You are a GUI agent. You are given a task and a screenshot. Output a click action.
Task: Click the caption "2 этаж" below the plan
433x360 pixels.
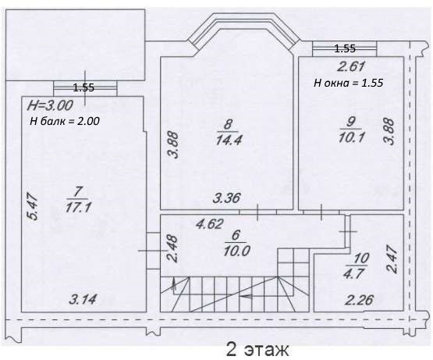(257, 349)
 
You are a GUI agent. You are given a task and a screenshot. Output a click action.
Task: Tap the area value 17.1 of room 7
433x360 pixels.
(78, 207)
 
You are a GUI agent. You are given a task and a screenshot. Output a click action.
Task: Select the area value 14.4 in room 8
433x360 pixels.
(229, 140)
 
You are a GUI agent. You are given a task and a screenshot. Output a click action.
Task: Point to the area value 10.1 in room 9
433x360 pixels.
(351, 137)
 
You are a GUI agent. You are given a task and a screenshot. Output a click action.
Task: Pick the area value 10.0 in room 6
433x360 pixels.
(236, 251)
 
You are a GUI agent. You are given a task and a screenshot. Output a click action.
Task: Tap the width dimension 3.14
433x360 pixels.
(83, 299)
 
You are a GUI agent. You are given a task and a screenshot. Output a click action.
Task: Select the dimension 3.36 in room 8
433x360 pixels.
(226, 198)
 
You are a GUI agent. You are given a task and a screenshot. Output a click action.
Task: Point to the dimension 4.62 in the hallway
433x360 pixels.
(209, 223)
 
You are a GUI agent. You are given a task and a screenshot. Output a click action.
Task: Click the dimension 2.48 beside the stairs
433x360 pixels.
(173, 248)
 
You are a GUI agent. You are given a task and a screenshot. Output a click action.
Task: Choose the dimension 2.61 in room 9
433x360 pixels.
(352, 66)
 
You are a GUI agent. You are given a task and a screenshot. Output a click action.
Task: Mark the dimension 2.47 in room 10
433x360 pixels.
(392, 260)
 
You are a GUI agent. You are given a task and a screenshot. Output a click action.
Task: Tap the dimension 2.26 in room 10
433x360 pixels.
(360, 300)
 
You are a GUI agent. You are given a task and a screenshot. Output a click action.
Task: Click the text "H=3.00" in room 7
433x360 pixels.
(50, 105)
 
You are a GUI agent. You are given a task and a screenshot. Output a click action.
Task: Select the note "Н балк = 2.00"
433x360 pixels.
(65, 121)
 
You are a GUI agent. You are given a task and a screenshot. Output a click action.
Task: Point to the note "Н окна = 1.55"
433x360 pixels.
(348, 83)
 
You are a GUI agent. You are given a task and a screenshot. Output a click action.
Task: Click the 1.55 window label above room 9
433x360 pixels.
(345, 48)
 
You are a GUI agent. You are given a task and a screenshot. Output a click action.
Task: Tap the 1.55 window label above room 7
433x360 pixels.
(83, 87)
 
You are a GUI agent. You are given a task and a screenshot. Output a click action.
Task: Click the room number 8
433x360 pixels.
(228, 124)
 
